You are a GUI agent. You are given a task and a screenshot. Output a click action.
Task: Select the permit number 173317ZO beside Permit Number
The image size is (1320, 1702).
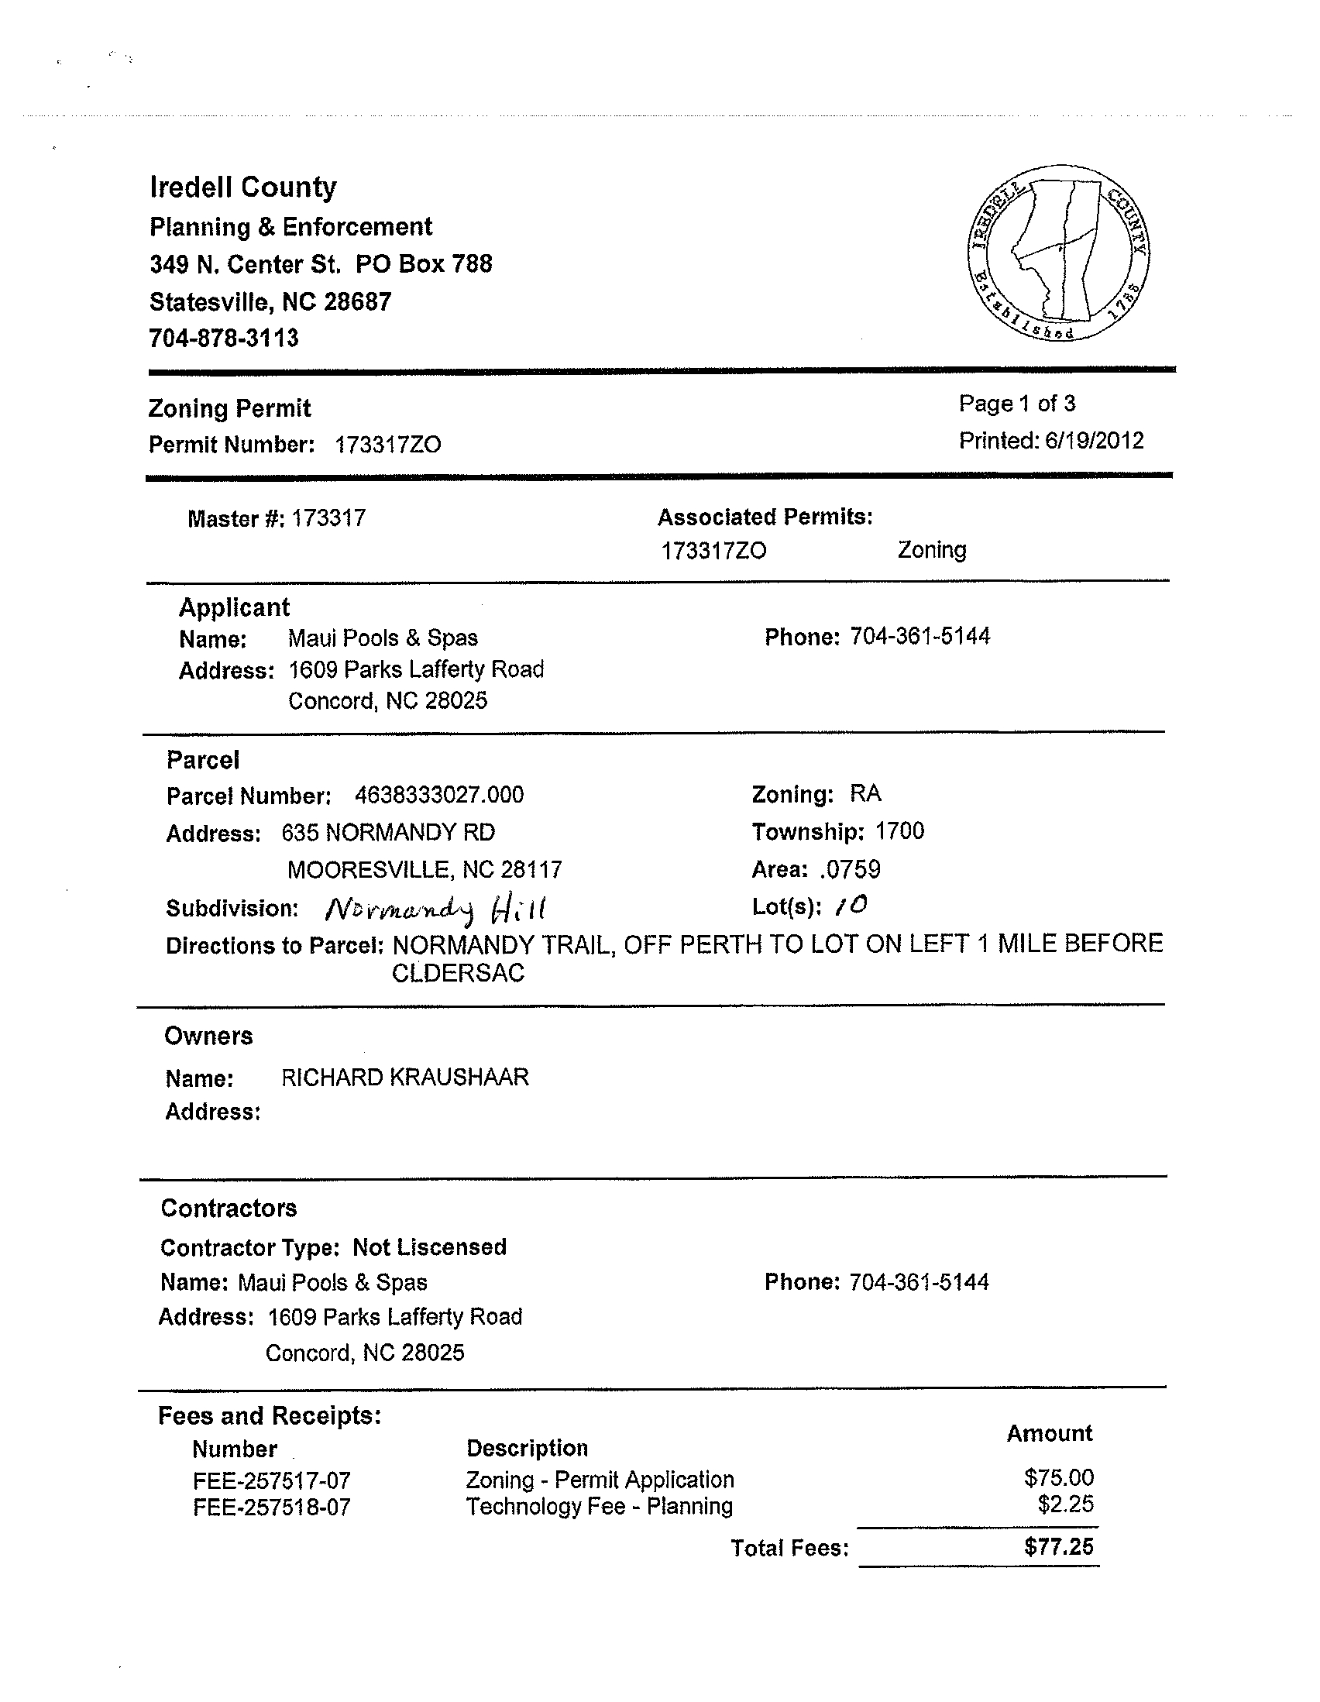pos(388,445)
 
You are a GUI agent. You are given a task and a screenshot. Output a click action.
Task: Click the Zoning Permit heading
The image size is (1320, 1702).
pos(230,408)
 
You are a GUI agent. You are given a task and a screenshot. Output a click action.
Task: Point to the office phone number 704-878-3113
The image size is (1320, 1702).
pos(225,339)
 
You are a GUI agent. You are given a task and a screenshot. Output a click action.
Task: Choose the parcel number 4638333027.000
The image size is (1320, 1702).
pos(439,795)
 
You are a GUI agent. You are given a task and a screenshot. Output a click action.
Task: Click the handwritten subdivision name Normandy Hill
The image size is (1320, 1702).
pos(435,909)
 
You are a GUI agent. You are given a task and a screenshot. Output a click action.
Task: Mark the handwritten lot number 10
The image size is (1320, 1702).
pos(851,906)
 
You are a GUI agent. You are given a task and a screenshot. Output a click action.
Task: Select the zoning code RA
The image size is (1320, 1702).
pos(866,793)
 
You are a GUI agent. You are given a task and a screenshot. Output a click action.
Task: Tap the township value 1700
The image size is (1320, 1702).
pos(900,831)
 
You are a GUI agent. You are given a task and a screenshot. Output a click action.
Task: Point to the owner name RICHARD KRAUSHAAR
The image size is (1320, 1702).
pos(405,1078)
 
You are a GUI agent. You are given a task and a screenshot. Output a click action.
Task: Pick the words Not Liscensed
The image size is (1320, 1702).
pos(429,1248)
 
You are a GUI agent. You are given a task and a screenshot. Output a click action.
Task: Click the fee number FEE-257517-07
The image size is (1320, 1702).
pos(272,1480)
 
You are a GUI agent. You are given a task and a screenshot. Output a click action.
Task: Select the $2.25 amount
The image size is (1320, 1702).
pos(1066,1504)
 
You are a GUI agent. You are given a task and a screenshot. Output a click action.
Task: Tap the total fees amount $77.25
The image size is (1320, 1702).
pos(1059,1547)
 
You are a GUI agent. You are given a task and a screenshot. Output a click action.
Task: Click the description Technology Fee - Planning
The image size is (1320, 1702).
pos(600,1507)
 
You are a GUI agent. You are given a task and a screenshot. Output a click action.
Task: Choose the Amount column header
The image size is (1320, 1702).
pos(1050,1433)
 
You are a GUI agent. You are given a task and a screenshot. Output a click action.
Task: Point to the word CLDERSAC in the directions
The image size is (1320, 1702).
pos(458,974)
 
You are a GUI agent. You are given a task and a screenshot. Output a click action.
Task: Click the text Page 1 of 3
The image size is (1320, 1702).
pos(1017,404)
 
